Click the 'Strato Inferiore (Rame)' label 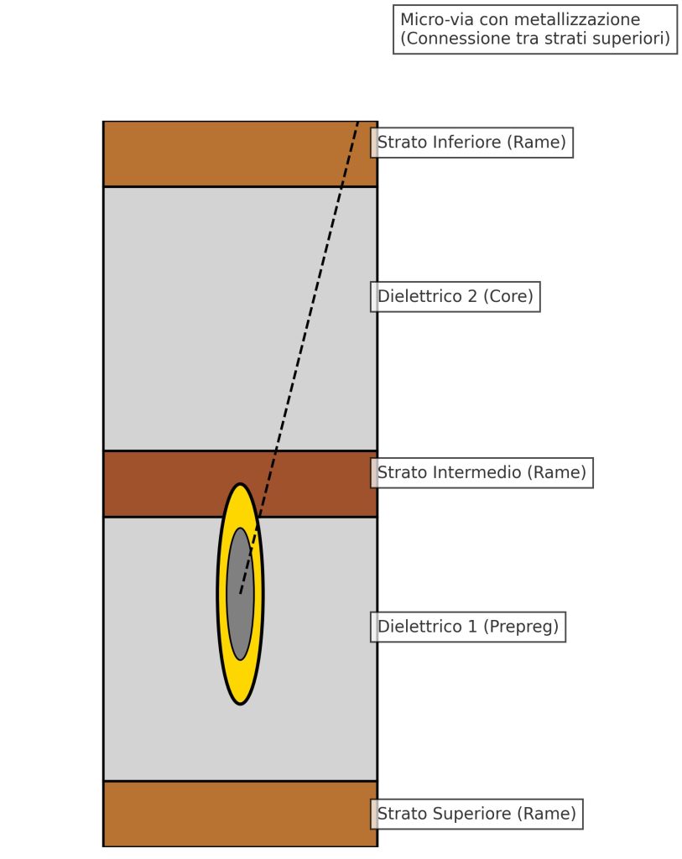click(471, 143)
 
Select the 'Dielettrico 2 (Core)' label click(456, 297)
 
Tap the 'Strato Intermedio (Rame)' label click(482, 473)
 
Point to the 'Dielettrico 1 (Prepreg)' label click(468, 627)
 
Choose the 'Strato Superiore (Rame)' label click(476, 814)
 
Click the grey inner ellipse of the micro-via click(241, 594)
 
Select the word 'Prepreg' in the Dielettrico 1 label click(523, 627)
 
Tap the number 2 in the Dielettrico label click(472, 296)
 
